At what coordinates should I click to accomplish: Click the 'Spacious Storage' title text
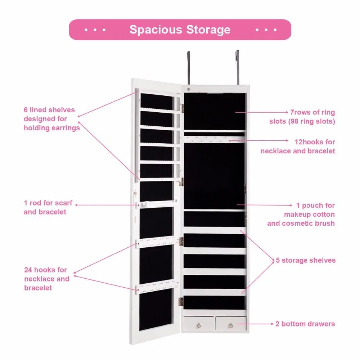point(180,30)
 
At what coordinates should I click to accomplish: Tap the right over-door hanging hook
point(237,68)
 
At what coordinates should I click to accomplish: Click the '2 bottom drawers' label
point(305,324)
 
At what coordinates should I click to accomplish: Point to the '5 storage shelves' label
point(306,260)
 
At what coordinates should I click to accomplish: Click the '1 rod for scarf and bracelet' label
point(48,207)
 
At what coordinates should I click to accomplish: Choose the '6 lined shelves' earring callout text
point(51,119)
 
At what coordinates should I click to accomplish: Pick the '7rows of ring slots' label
point(302,117)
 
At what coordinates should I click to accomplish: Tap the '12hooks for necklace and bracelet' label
point(298,146)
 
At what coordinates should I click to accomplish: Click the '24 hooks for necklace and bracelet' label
point(47,279)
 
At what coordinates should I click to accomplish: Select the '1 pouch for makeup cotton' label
point(301,214)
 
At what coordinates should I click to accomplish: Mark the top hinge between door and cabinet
point(182,107)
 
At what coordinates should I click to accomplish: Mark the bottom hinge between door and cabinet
point(181,302)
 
